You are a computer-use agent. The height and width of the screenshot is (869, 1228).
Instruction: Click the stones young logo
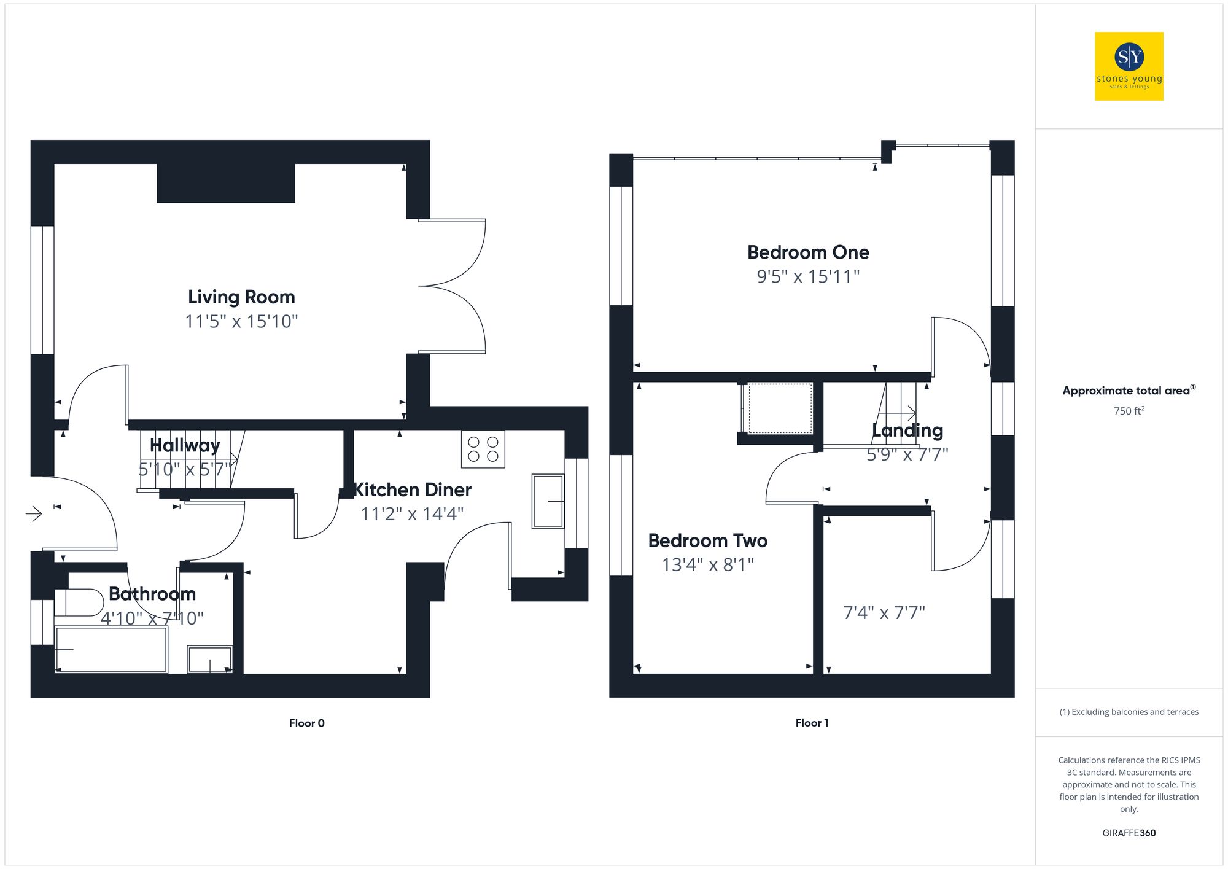(x=1129, y=66)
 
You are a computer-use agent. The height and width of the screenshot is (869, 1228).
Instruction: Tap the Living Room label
(x=241, y=297)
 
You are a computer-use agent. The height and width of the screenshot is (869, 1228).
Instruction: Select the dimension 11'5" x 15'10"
(x=241, y=321)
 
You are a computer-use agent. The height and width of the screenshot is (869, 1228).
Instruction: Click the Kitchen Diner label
(x=413, y=490)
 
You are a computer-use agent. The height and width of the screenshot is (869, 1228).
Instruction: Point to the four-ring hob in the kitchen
(x=483, y=449)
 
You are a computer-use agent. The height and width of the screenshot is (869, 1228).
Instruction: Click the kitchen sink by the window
(x=548, y=501)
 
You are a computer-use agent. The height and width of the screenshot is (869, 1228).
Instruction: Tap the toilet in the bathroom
(x=79, y=602)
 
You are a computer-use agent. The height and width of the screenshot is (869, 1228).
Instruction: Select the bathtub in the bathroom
(x=111, y=650)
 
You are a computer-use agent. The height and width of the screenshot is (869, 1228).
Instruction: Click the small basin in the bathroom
(x=209, y=660)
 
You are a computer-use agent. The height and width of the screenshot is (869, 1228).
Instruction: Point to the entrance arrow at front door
(x=34, y=513)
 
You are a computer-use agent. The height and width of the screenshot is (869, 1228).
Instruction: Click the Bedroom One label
(x=808, y=252)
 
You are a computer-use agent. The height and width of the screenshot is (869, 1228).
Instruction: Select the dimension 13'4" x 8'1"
(x=707, y=564)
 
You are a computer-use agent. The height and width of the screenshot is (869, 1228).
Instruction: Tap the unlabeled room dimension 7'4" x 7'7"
(x=884, y=612)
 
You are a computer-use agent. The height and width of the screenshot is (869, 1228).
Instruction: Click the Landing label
(x=907, y=431)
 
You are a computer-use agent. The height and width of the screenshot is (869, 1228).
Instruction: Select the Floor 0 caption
(x=306, y=723)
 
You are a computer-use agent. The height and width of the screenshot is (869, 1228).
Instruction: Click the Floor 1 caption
(x=812, y=723)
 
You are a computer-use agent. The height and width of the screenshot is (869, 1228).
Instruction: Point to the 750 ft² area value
(x=1129, y=411)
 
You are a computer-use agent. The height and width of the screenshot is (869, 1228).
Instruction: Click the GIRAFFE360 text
(x=1129, y=833)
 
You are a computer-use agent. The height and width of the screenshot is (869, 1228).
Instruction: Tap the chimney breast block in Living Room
(x=226, y=183)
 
